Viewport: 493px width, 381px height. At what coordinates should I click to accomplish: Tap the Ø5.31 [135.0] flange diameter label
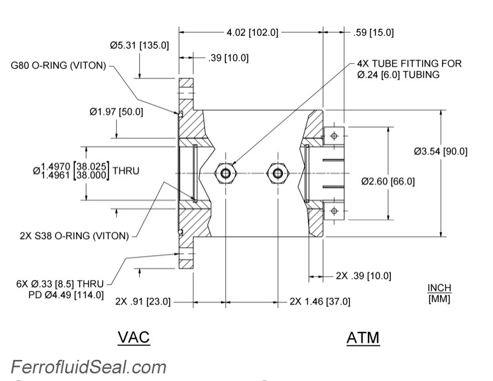139,45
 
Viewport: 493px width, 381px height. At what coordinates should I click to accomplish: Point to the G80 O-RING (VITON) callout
58,65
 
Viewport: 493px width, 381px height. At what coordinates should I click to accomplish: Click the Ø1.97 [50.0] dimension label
116,111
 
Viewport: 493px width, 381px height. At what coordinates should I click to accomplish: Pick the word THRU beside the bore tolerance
126,171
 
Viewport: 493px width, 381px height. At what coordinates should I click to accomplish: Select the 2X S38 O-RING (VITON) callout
74,235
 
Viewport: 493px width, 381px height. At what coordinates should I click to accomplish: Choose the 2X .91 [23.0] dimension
143,301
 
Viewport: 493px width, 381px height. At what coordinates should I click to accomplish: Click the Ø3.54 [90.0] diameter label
441,152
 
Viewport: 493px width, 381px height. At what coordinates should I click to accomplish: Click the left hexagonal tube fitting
225,173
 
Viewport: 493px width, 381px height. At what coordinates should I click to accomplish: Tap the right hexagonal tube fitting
277,173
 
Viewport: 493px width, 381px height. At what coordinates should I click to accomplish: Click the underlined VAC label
133,337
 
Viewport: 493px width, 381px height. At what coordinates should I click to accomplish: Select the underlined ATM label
363,338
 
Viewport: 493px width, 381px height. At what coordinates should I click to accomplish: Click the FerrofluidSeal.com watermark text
88,368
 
